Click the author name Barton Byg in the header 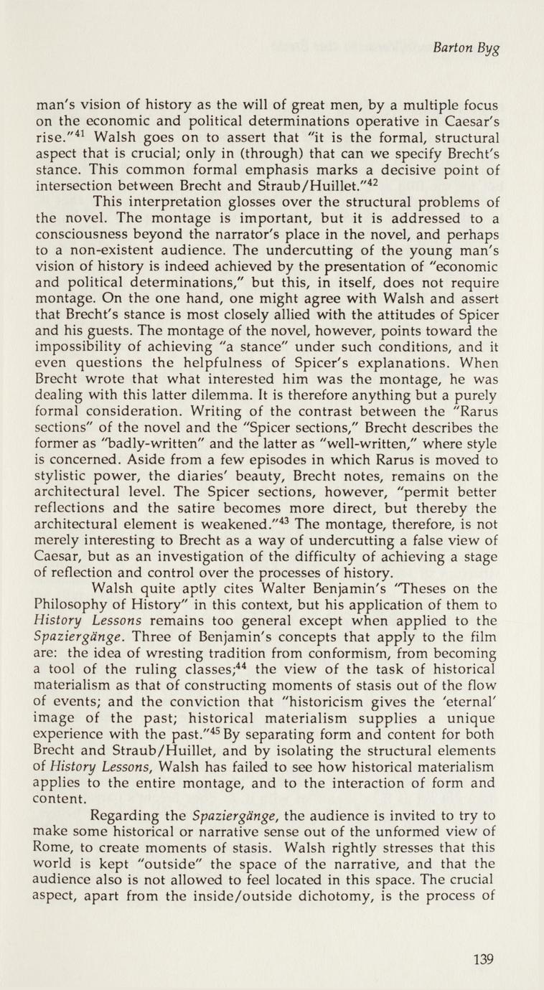point(466,49)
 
